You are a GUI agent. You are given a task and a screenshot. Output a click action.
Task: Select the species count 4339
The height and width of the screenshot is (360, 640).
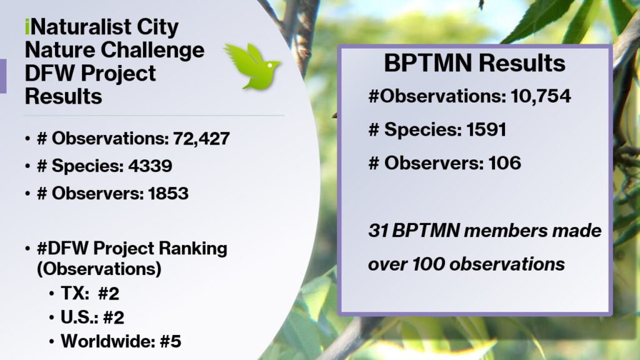[150, 166]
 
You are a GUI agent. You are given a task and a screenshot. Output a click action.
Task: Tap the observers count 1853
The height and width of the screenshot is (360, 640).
[168, 194]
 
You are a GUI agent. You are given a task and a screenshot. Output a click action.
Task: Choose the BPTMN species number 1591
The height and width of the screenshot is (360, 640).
[486, 130]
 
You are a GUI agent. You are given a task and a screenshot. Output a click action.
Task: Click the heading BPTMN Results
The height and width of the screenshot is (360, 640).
[475, 63]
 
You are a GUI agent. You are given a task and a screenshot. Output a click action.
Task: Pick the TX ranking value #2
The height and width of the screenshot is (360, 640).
[109, 294]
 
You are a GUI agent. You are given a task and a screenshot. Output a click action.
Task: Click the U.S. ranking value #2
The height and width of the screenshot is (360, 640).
[114, 317]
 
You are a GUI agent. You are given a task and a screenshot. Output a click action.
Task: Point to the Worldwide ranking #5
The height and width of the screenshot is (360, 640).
[171, 342]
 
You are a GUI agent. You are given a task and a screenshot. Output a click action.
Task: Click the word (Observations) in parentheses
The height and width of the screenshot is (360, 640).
[99, 269]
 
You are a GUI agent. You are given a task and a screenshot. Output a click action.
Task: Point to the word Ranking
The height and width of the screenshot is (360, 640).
[192, 249]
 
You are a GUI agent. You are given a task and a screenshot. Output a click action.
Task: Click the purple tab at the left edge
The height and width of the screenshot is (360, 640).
[3, 76]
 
